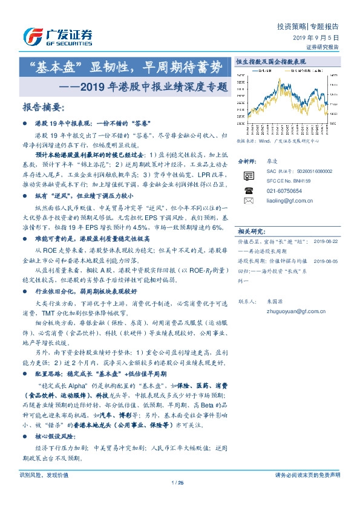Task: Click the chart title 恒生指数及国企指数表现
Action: pyautogui.click(x=270, y=62)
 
